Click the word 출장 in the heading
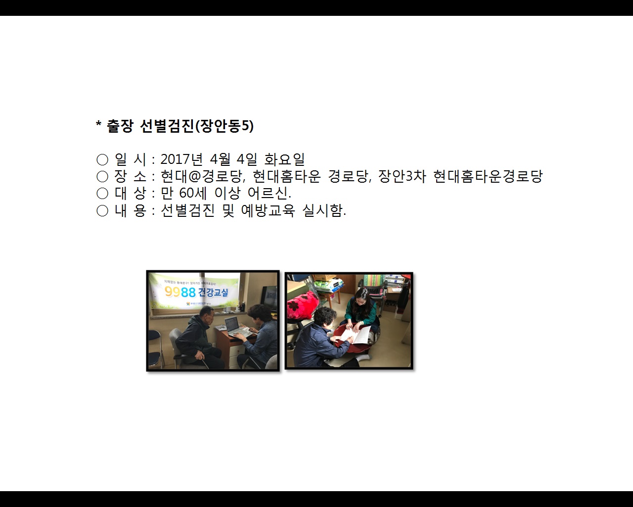point(120,127)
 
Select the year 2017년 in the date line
point(181,159)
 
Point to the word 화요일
point(284,159)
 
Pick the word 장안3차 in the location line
point(402,176)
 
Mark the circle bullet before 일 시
point(102,159)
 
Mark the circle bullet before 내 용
point(102,211)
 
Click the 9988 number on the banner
point(180,292)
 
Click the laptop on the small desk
point(235,326)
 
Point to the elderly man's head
point(207,313)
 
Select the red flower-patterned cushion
point(302,304)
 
